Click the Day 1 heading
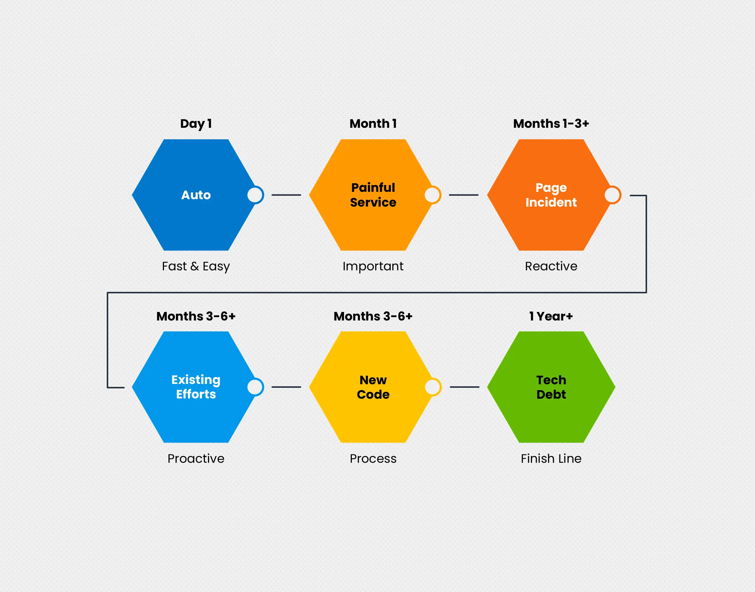[x=196, y=124]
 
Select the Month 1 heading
[x=373, y=123]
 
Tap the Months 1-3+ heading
[x=551, y=123]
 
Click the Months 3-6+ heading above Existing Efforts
[x=196, y=316]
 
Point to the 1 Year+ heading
[x=551, y=316]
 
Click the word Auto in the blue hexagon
[x=196, y=195]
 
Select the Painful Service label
[x=373, y=195]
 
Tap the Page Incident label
[x=551, y=195]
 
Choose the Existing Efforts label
[x=196, y=387]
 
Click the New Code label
[x=373, y=387]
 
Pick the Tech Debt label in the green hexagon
[x=551, y=387]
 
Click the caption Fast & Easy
[x=196, y=266]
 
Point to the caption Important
[x=373, y=266]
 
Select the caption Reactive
[x=551, y=266]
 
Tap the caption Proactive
[x=196, y=459]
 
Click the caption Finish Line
[x=551, y=459]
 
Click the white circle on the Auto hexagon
[x=255, y=195]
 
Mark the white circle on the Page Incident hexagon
[x=612, y=195]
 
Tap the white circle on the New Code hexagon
[x=433, y=387]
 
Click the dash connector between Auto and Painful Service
[x=286, y=195]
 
